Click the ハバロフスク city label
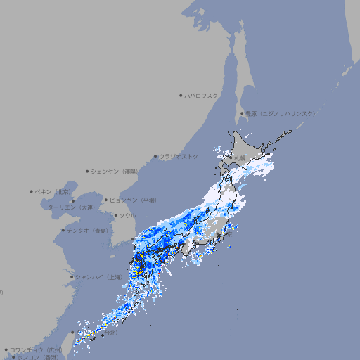[202, 95]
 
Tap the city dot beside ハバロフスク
[181, 95]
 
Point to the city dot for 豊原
[242, 113]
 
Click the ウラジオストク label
[179, 156]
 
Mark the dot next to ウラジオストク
[155, 156]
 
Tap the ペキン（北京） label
[53, 191]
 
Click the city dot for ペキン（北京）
[32, 191]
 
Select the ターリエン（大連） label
[70, 207]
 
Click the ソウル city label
[127, 215]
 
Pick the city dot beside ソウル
[115, 215]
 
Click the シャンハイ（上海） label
[98, 277]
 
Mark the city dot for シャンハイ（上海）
[72, 277]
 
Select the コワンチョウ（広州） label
[35, 349]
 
